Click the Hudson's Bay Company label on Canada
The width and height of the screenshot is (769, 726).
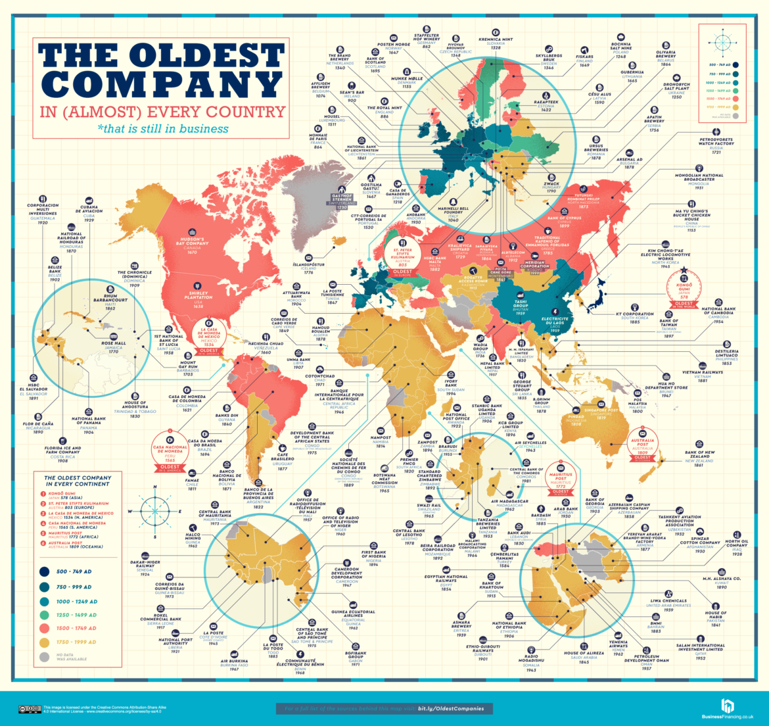coord(192,243)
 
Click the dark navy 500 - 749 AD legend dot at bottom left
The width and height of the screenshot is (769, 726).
coord(46,572)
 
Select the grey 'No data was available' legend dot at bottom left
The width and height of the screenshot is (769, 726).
coord(46,657)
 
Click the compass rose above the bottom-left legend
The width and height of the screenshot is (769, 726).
coord(154,510)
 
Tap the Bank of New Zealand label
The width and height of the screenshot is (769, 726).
coord(699,456)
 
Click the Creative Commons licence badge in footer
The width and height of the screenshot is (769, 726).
coord(30,709)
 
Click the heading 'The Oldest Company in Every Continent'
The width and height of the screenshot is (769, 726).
coord(78,481)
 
